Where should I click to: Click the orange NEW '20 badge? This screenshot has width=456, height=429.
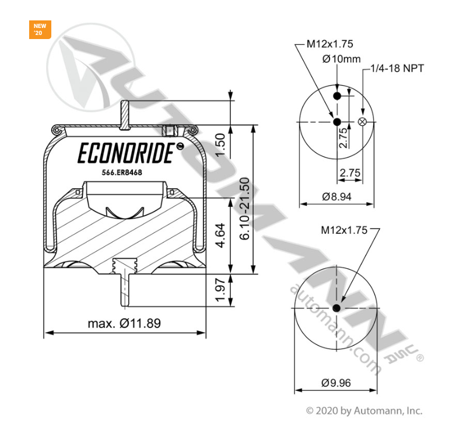pyautogui.click(x=40, y=29)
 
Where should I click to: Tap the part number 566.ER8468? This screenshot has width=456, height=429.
pyautogui.click(x=122, y=173)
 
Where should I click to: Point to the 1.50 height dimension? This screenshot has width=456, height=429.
pyautogui.click(x=220, y=145)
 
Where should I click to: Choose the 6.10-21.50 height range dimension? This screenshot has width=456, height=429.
pyautogui.click(x=245, y=208)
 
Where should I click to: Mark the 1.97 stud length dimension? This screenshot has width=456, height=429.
pyautogui.click(x=220, y=290)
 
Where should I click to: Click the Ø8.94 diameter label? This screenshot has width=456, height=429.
pyautogui.click(x=337, y=196)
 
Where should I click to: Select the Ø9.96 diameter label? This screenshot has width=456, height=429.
pyautogui.click(x=336, y=383)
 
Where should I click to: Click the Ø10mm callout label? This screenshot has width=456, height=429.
pyautogui.click(x=342, y=59)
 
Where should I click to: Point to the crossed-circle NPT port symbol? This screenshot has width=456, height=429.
pyautogui.click(x=363, y=121)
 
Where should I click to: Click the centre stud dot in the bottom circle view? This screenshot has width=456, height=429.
pyautogui.click(x=337, y=308)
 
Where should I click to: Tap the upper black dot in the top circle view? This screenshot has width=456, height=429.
pyautogui.click(x=337, y=96)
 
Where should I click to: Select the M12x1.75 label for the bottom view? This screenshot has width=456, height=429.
pyautogui.click(x=344, y=230)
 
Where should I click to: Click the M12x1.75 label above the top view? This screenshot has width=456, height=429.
pyautogui.click(x=330, y=44)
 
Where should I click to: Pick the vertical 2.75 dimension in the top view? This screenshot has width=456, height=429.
pyautogui.click(x=343, y=138)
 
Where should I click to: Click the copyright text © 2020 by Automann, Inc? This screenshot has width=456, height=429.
pyautogui.click(x=364, y=410)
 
